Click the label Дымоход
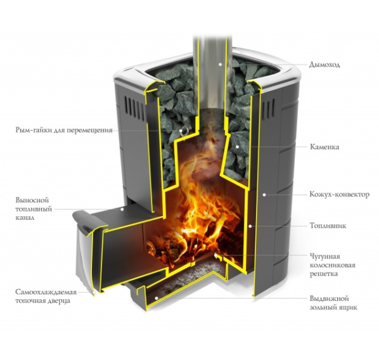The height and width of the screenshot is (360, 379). pos(324,65)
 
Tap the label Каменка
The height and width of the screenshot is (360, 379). pos(324,147)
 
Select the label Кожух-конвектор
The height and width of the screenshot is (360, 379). pos(339,195)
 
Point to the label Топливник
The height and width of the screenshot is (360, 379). pos(328,226)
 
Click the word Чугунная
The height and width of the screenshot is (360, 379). pos(325,256)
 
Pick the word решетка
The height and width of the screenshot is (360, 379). pos(324,274)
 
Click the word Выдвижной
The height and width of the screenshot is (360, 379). pos(329,299)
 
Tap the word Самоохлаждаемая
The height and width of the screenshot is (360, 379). pos(46,292)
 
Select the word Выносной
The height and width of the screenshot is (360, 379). pos(32,200)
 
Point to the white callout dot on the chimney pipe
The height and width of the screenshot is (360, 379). pos(220,64)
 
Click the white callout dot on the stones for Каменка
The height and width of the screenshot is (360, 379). pos(237,146)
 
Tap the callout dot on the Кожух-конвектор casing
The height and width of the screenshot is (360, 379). pos(264,195)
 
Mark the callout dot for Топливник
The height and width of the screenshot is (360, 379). pos(250,226)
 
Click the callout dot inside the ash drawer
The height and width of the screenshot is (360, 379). pos(157,298)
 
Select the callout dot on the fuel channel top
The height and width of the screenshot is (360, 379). pos(122,209)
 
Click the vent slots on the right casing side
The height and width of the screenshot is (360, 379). pos(268,108)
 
